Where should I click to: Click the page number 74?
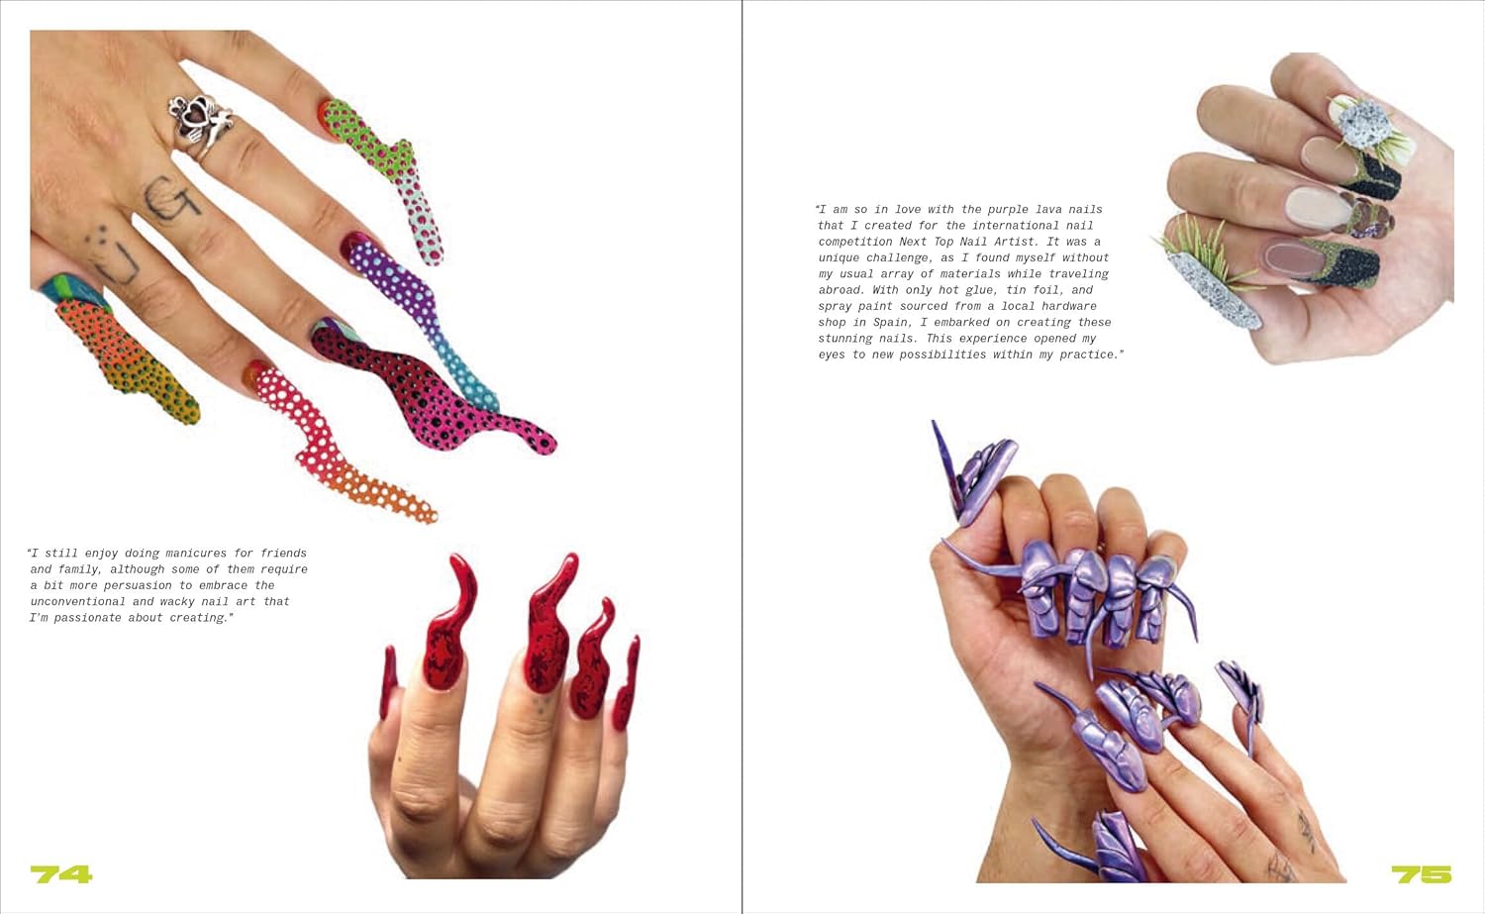pos(61,874)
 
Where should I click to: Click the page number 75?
pos(1422,874)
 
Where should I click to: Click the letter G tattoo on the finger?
pos(172,198)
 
